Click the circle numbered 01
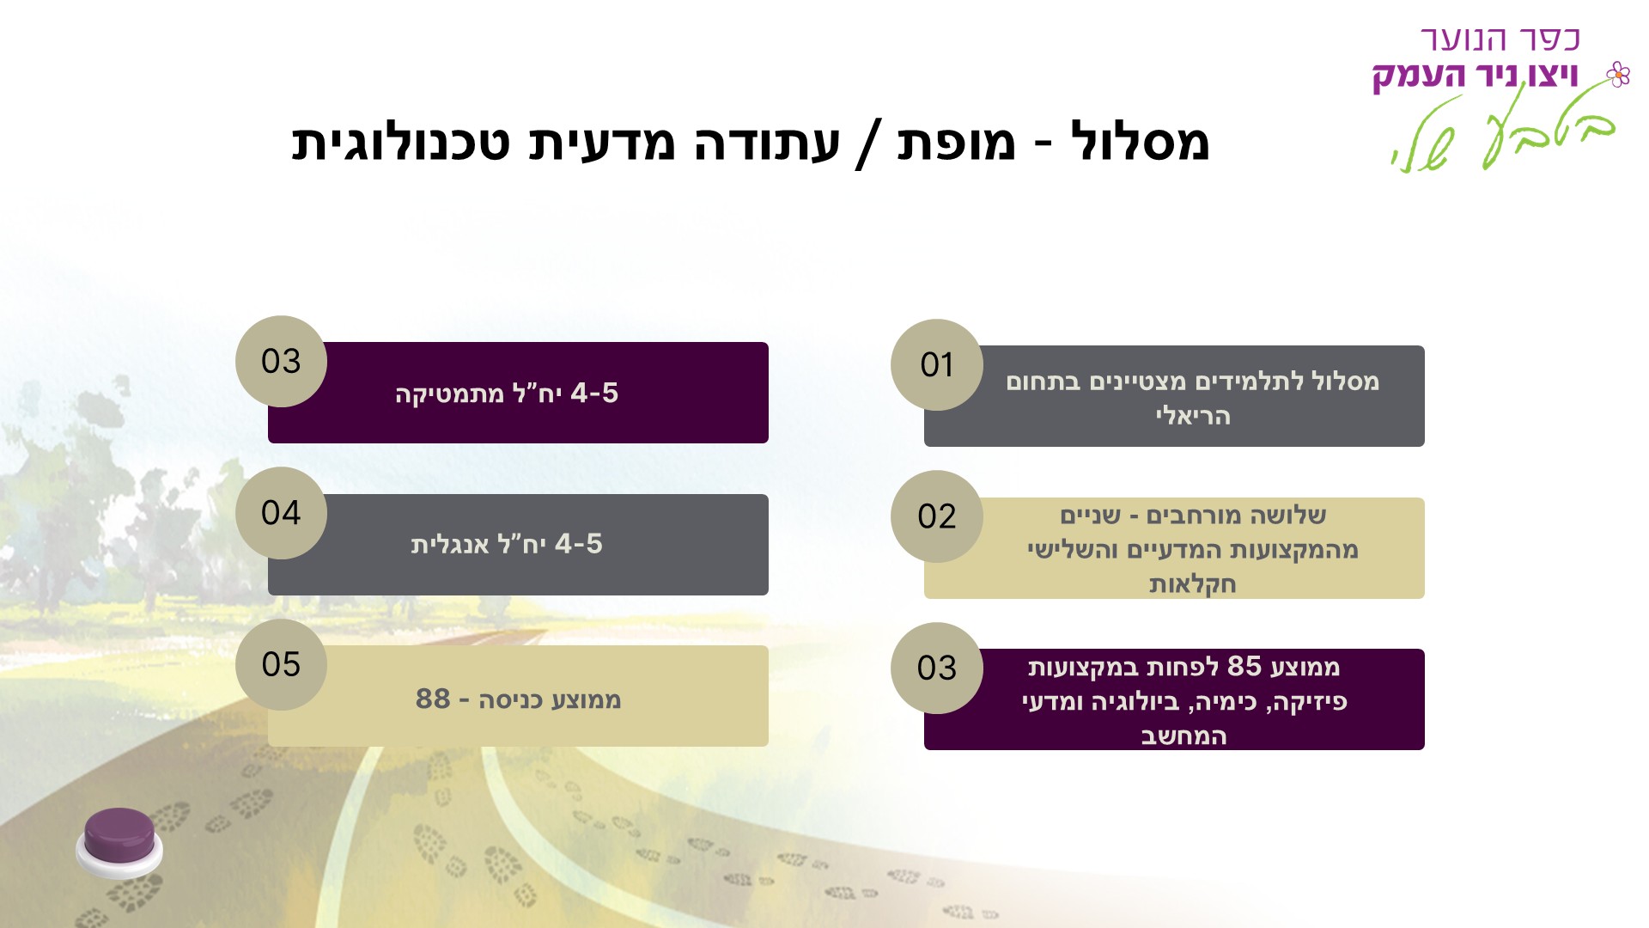click(936, 365)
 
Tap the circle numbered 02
click(936, 516)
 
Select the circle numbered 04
click(281, 513)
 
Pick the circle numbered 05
click(281, 664)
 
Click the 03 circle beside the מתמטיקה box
click(281, 362)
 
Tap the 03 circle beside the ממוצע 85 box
click(936, 669)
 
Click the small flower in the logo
click(1618, 75)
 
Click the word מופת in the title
click(956, 142)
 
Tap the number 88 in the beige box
click(433, 699)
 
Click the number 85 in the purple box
click(1244, 666)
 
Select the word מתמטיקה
click(449, 394)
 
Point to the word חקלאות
click(1192, 585)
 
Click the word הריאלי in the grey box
click(1192, 417)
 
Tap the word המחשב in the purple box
click(1184, 736)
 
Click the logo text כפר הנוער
click(1500, 40)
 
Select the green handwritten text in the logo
click(1503, 133)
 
